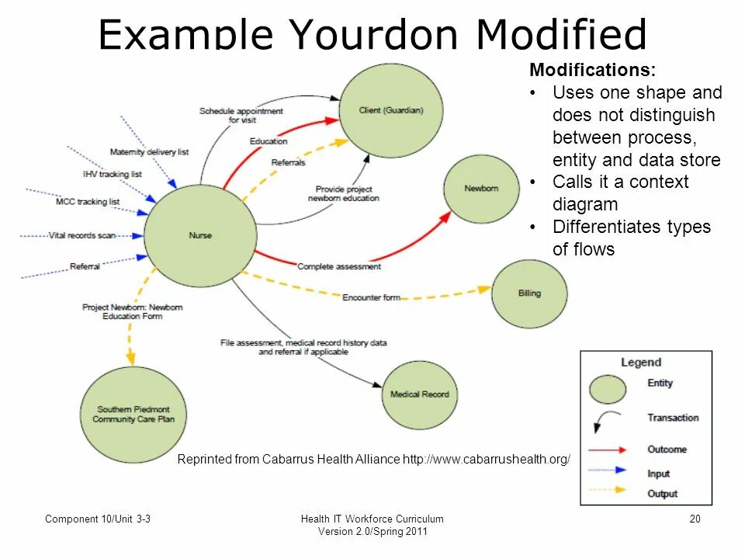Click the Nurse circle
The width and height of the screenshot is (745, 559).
(x=200, y=235)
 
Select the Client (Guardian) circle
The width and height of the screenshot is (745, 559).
(x=391, y=111)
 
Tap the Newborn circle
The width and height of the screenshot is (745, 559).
(x=481, y=189)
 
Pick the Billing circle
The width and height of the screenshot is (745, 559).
(x=529, y=293)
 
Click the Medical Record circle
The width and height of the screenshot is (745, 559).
(x=419, y=394)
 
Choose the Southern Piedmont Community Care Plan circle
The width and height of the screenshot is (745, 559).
(x=133, y=414)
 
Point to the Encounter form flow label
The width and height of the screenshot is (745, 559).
(x=371, y=297)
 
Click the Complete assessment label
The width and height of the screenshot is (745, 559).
(x=339, y=267)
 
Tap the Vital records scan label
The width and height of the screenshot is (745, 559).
(x=82, y=235)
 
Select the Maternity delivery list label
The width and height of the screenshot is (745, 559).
(x=149, y=152)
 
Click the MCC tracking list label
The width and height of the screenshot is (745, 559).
(x=88, y=202)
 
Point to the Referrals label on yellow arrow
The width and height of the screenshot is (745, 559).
(x=288, y=162)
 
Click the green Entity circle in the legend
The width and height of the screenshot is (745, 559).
(x=607, y=388)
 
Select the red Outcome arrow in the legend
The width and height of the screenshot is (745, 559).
(x=608, y=450)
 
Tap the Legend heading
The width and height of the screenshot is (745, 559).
(x=641, y=362)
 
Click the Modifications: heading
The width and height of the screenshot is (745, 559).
(x=592, y=70)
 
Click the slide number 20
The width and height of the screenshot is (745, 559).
(x=695, y=519)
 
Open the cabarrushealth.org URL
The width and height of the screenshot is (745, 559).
(x=486, y=459)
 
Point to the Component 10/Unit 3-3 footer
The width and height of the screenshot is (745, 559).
(x=97, y=519)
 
